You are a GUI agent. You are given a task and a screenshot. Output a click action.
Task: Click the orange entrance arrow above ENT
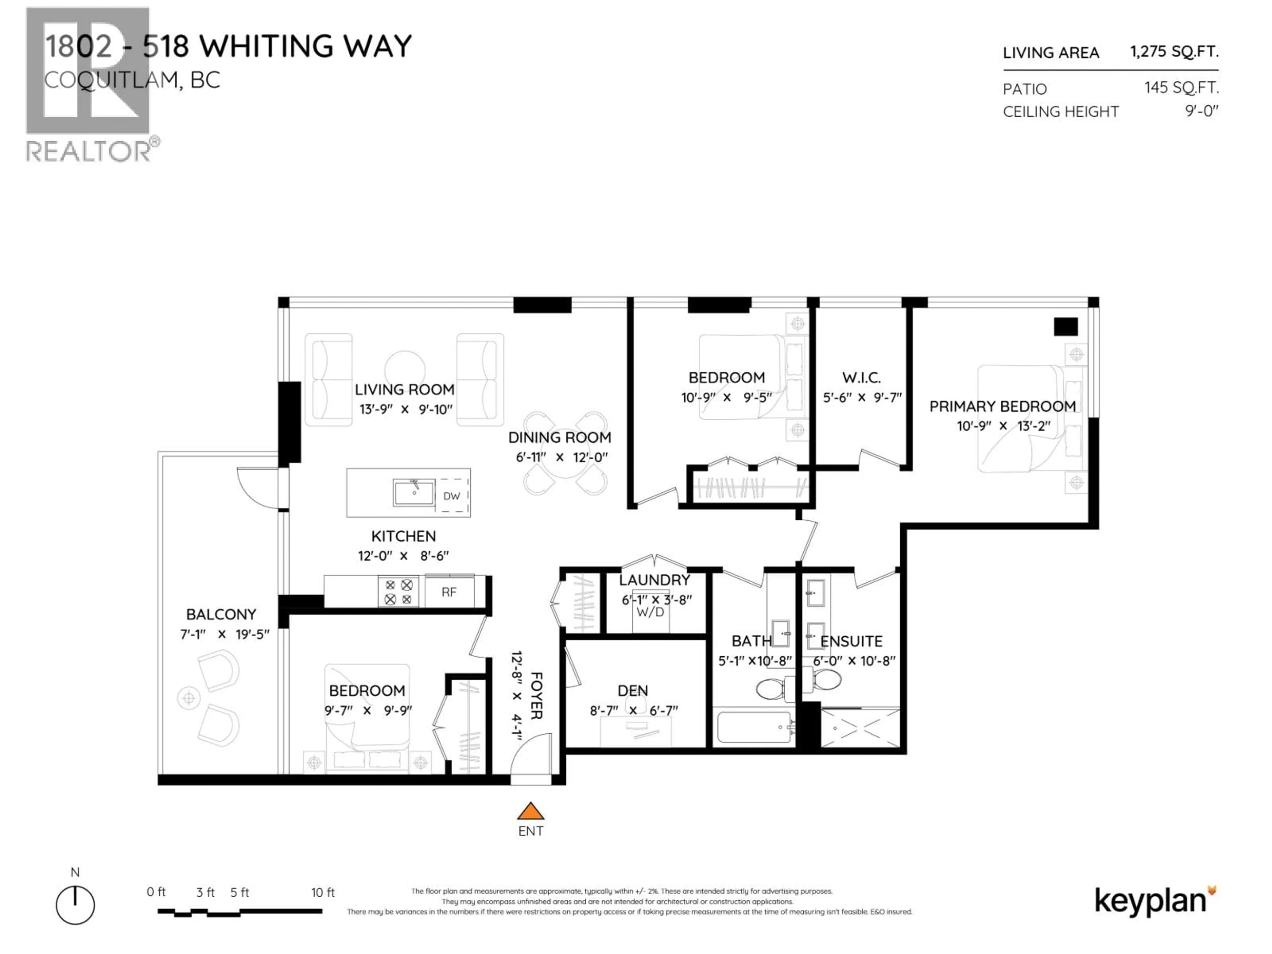530,811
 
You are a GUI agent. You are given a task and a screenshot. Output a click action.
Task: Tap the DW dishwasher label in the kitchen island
451,496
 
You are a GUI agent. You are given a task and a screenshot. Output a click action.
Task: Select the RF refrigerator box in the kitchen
449,592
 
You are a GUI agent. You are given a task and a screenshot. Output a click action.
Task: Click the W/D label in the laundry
650,612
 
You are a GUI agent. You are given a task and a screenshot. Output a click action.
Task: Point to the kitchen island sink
414,493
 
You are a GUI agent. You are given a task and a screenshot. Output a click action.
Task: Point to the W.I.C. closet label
861,378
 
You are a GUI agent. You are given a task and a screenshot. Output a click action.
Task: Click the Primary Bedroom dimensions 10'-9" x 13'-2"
1003,426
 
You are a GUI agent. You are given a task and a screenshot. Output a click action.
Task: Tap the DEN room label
633,691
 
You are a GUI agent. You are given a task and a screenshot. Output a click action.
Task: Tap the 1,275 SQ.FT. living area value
1174,52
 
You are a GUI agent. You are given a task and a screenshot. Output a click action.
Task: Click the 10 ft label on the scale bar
323,892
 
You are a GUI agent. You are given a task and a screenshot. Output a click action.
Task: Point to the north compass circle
75,905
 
